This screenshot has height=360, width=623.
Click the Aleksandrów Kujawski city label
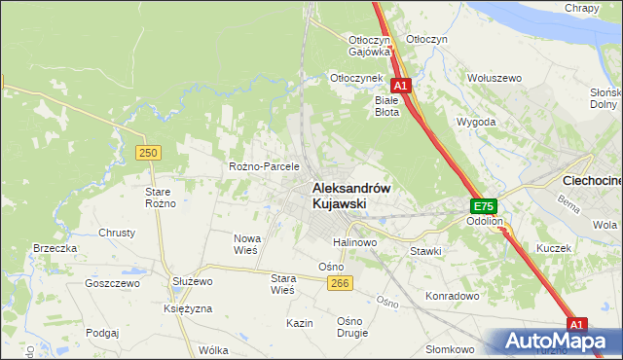tap(350, 196)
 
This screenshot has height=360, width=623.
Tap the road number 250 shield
tap(148, 153)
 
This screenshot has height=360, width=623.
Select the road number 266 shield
tap(339, 283)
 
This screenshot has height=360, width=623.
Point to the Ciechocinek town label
tap(593, 181)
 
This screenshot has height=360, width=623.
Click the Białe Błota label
tap(387, 105)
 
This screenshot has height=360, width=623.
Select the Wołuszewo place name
tap(495, 77)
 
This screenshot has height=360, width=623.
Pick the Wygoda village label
tap(477, 123)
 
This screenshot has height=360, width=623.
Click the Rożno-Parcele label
tap(264, 166)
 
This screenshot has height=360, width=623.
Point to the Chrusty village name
tap(117, 234)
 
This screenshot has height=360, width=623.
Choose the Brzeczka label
tap(55, 248)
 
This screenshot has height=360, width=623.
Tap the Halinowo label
tap(354, 242)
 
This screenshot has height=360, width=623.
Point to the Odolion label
tap(484, 222)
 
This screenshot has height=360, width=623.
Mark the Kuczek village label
tap(553, 248)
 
